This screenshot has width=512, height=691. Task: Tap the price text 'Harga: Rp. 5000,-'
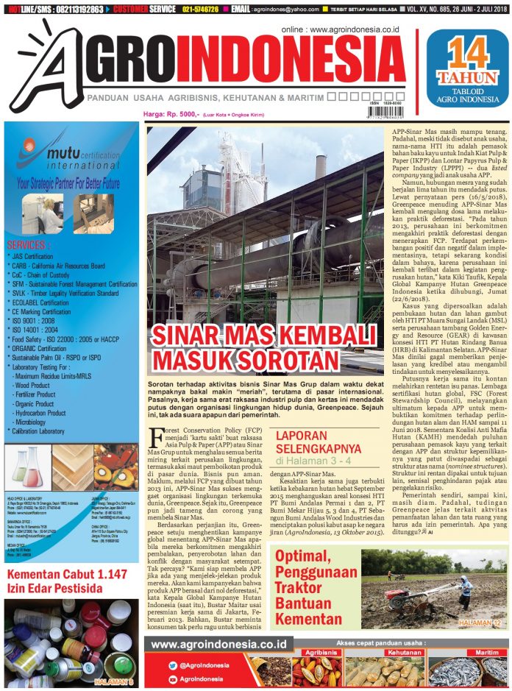[171, 114]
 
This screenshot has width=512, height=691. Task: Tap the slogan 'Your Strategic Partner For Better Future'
[70, 180]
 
